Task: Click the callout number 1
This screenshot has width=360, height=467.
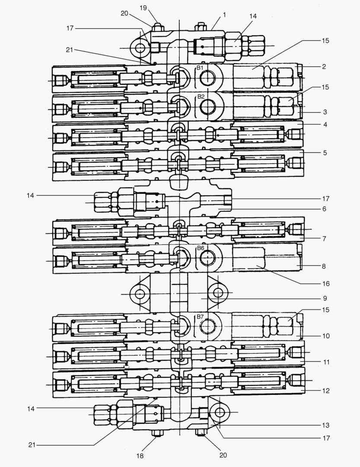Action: click(x=225, y=15)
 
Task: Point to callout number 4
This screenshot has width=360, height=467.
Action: click(x=324, y=125)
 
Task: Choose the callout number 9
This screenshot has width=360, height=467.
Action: click(x=325, y=298)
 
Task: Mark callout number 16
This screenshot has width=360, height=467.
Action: click(x=325, y=284)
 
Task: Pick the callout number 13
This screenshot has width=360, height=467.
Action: click(x=325, y=425)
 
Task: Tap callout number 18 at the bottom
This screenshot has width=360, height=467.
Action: click(x=140, y=455)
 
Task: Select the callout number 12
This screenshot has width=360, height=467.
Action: click(x=325, y=391)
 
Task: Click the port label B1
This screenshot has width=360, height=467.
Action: click(x=200, y=68)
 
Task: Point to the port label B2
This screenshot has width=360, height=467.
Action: click(x=200, y=96)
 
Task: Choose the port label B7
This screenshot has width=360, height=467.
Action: click(x=200, y=317)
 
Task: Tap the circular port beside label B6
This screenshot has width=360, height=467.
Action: click(x=207, y=258)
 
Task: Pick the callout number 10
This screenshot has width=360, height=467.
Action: click(x=325, y=336)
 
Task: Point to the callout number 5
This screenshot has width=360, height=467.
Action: click(x=325, y=153)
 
